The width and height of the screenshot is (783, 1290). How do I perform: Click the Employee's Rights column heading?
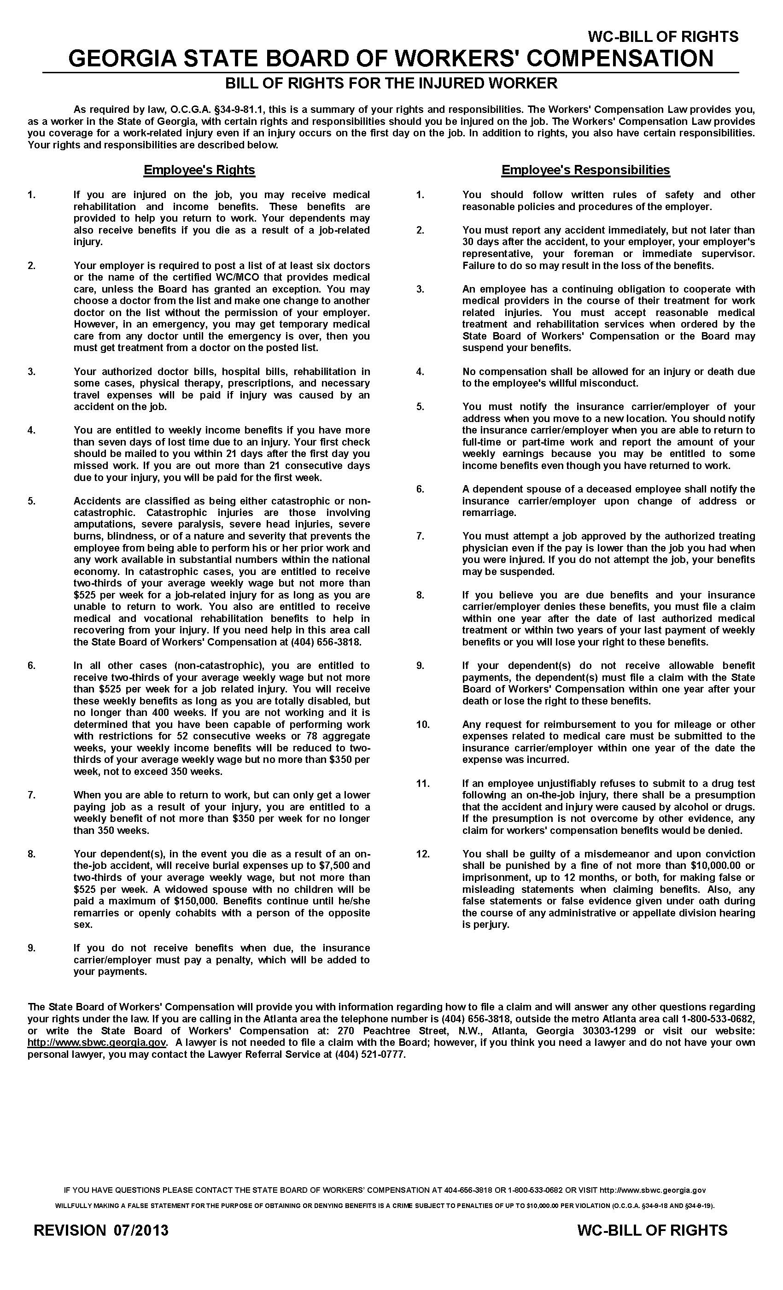click(199, 170)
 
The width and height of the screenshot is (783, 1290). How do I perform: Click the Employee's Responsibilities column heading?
click(585, 170)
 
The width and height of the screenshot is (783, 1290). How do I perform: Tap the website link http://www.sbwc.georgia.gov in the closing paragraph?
click(97, 1042)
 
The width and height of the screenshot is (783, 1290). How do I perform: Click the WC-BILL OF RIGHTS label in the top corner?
click(663, 37)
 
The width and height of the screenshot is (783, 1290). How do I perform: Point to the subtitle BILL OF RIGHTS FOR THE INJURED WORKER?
click(391, 83)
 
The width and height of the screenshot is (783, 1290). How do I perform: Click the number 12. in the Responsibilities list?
click(422, 854)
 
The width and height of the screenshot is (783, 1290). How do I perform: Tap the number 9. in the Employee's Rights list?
click(31, 948)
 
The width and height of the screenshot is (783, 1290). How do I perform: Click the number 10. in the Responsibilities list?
click(422, 725)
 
